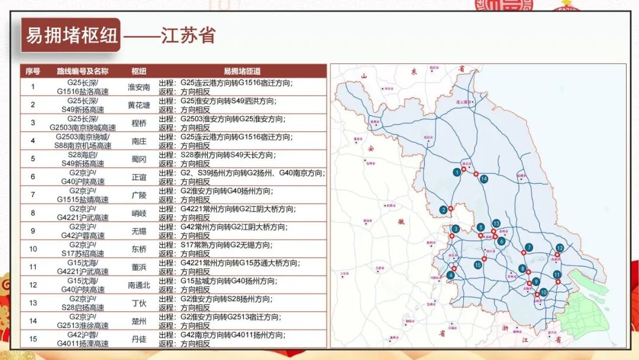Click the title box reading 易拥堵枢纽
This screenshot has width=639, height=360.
(70, 36)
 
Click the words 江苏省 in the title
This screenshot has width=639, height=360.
(188, 36)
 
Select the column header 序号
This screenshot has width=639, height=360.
(33, 71)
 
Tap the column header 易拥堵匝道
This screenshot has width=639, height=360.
(242, 71)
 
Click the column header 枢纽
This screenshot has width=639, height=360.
(139, 71)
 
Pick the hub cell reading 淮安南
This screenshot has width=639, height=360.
(139, 87)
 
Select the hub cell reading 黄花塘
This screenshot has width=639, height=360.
(139, 105)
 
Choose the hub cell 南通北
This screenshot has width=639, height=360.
(139, 285)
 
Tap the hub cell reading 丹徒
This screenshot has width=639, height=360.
(139, 339)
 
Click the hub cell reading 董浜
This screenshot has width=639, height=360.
(139, 267)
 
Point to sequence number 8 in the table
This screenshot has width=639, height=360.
(33, 213)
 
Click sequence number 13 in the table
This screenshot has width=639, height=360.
(33, 303)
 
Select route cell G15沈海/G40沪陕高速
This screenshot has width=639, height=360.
(82, 285)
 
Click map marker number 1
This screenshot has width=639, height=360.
(457, 172)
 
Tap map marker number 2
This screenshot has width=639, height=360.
(443, 210)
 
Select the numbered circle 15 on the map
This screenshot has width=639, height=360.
(477, 265)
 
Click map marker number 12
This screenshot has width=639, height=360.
(560, 247)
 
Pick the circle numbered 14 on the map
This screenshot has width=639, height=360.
(483, 179)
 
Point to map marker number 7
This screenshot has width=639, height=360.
(529, 247)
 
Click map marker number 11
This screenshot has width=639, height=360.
(557, 275)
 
